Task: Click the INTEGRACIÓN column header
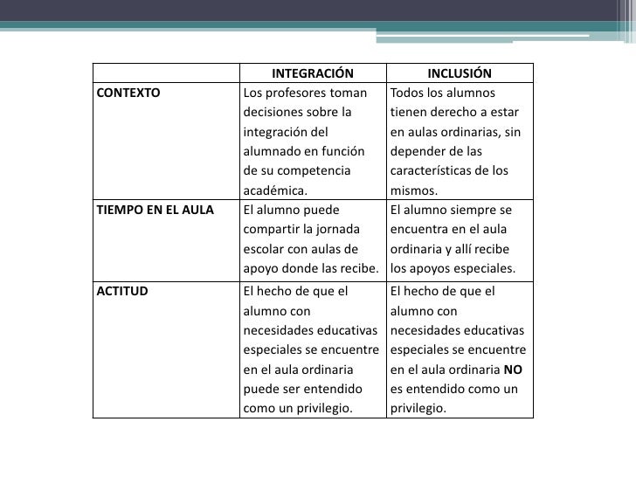312,73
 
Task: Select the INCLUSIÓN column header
460,73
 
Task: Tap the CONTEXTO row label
128,93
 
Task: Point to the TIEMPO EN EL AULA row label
155,210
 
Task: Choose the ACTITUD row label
122,291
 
